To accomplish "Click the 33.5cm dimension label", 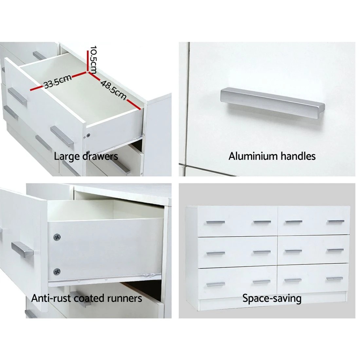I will pyautogui.click(x=58, y=82).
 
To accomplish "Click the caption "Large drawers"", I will pyautogui.click(x=86, y=156).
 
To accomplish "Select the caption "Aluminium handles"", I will pyautogui.click(x=272, y=156).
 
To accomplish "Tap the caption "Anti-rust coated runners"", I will pyautogui.click(x=87, y=298).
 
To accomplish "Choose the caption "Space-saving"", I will pyautogui.click(x=272, y=298).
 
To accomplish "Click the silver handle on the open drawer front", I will pyautogui.click(x=22, y=249).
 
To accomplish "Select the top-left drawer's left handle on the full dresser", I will pyautogui.click(x=215, y=223).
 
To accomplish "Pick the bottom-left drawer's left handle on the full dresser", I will pyautogui.click(x=215, y=284).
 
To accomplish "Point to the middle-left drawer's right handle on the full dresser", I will pyautogui.click(x=262, y=252).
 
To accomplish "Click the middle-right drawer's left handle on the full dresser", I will pyautogui.click(x=293, y=251).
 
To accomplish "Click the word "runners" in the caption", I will pyautogui.click(x=126, y=298).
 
